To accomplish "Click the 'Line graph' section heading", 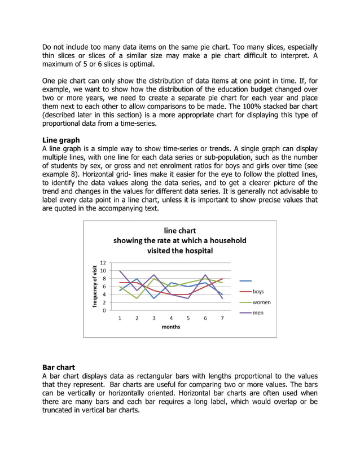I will (61, 140).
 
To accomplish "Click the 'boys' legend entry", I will (258, 292).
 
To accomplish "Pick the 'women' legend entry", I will (261, 302).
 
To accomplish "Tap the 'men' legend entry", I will (257, 313).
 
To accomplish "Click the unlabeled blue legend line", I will (245, 281).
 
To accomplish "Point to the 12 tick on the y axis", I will (102, 263).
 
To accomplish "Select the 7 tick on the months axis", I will (222, 318).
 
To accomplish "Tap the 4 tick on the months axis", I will (171, 318).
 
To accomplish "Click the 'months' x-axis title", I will (170, 327).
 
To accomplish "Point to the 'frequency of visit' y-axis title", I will (95, 286).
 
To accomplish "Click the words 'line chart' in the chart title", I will (179, 230).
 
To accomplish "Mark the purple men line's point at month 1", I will (120, 271).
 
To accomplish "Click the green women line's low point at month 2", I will (137, 298).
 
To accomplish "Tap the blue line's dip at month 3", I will (154, 298).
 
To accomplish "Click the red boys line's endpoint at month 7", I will (222, 279).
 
